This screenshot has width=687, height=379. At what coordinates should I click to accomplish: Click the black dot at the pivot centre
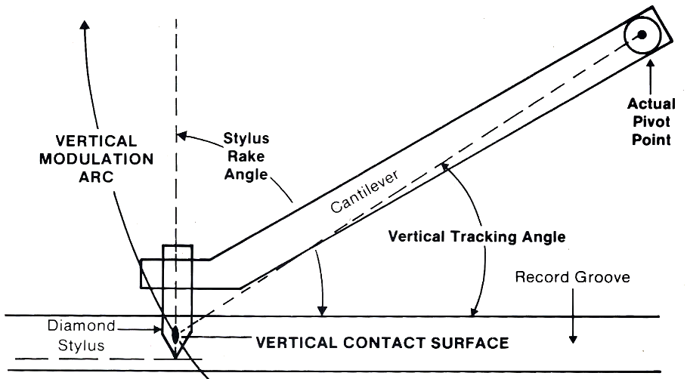pos(641,35)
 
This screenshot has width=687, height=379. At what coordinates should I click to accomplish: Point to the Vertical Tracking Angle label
pos(477,236)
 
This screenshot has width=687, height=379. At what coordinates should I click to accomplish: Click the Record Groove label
pos(572,277)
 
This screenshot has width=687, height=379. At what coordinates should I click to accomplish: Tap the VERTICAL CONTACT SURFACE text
pos(382,343)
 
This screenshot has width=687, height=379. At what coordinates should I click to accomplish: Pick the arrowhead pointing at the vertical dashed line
pos(181,137)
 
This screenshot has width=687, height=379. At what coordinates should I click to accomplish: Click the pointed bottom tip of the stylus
pos(175,357)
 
